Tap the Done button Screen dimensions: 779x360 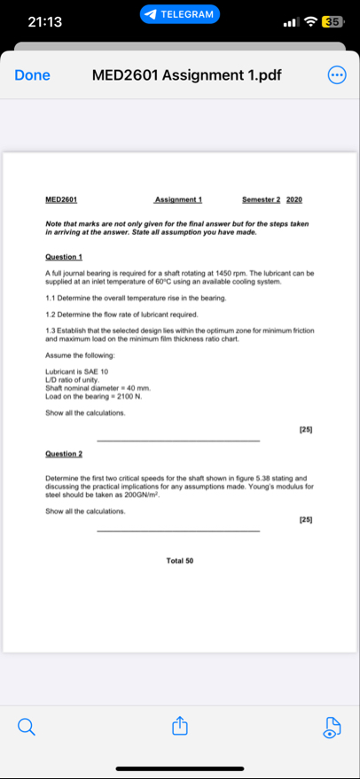[32, 74]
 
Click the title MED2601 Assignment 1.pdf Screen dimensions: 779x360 [186, 74]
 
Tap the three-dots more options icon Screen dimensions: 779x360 [337, 74]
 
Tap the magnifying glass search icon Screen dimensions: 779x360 [27, 728]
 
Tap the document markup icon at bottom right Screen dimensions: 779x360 [332, 728]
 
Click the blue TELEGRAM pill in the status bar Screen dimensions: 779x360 [180, 14]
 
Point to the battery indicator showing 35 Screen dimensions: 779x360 [333, 21]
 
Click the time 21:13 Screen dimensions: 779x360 [45, 21]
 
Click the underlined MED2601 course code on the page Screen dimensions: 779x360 [61, 199]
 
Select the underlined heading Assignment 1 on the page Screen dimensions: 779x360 [178, 199]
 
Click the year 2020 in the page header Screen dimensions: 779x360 [294, 199]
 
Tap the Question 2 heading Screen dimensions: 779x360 [63, 453]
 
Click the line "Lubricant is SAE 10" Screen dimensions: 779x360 [77, 370]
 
